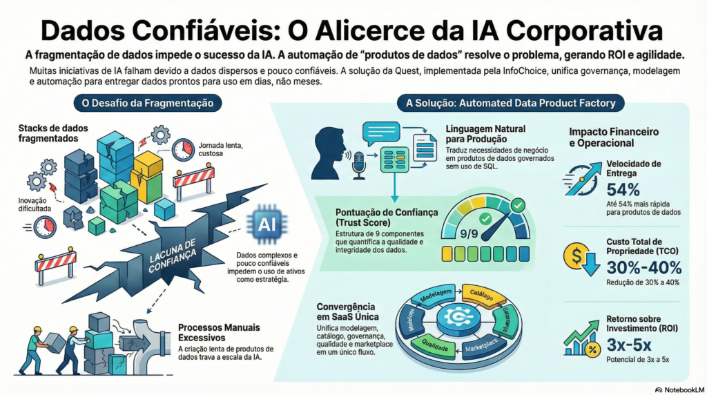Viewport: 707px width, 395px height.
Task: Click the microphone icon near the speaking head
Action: click(x=359, y=165)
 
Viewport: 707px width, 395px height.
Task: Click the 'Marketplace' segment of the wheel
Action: click(x=487, y=345)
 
